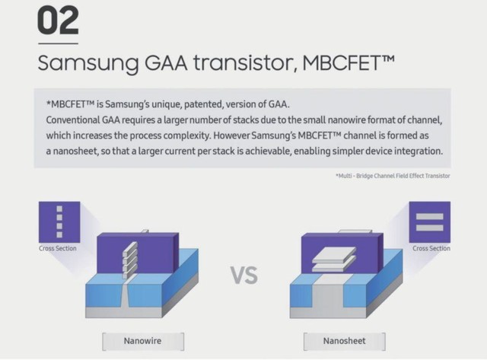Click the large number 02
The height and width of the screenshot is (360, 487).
(58, 21)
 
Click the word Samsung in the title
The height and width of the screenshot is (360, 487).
(88, 64)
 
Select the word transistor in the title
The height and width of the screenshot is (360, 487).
(243, 62)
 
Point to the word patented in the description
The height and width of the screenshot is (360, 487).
(203, 104)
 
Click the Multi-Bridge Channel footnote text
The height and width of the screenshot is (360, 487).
(393, 176)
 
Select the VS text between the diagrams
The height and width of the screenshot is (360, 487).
(244, 276)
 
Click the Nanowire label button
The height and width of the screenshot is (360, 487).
(143, 341)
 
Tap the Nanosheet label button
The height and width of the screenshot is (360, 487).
(345, 341)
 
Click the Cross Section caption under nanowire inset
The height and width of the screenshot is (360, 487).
(58, 248)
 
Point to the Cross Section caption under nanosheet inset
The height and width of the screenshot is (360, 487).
(431, 248)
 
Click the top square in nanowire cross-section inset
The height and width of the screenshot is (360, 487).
(59, 209)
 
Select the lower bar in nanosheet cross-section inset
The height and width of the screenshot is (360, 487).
(429, 228)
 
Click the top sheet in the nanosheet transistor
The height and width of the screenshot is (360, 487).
(335, 254)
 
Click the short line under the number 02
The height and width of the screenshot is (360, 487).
(58, 43)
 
